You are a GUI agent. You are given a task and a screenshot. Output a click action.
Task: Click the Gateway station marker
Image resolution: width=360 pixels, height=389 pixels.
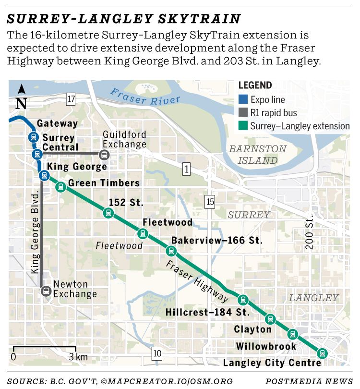click(33, 136)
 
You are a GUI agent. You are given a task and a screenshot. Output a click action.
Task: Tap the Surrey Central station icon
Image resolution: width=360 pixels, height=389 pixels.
click(36, 154)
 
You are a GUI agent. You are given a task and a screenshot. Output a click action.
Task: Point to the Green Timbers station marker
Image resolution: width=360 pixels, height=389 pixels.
click(60, 187)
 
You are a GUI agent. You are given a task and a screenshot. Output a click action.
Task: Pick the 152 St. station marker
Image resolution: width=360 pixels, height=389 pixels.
click(108, 213)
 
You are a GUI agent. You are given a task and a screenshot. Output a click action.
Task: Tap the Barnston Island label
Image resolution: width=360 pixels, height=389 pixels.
click(257, 155)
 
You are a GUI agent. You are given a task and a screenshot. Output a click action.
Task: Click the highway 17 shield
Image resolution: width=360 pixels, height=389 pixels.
click(72, 99)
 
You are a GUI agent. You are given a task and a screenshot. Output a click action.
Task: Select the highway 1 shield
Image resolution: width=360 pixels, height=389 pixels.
click(186, 169)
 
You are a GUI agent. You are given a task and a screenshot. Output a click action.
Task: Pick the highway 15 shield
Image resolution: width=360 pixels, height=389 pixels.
click(209, 202)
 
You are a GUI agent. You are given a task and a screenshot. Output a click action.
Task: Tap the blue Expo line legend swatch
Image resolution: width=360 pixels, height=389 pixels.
click(243, 100)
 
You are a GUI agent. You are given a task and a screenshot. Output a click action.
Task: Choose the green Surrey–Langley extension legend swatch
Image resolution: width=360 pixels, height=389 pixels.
click(243, 126)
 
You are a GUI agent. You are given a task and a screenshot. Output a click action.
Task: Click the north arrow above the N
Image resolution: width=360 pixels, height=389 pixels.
click(22, 89)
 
